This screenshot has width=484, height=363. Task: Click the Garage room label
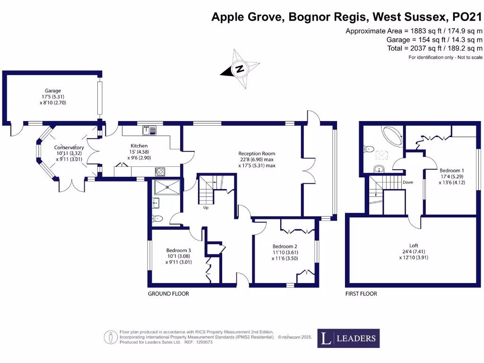point(53,91)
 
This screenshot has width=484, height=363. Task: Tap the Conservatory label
point(69,147)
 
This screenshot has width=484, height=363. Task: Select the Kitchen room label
point(139,146)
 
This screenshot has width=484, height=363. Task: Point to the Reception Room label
point(257,154)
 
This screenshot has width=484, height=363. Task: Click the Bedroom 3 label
point(178,251)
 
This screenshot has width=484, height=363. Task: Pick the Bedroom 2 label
point(285,246)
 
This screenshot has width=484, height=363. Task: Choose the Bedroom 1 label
point(451,171)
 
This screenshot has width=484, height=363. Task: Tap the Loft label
point(414,245)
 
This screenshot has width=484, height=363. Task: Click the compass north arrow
point(240,69)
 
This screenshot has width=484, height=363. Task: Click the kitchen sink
point(146,130)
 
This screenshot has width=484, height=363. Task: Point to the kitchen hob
point(160,172)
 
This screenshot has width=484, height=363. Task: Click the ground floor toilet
point(157,218)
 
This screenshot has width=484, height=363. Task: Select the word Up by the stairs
point(206,207)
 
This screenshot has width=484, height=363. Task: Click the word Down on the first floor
point(408,182)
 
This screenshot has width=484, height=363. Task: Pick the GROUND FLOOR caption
point(168,294)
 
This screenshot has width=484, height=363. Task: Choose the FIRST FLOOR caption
point(361,294)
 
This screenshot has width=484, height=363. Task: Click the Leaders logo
point(348,338)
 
